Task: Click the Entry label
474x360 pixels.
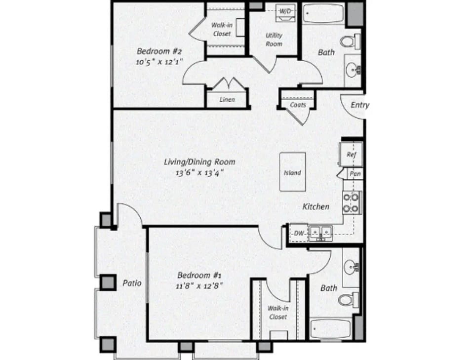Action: point(359,105)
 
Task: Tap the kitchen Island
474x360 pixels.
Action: point(292,172)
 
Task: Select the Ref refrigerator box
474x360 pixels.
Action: point(351,155)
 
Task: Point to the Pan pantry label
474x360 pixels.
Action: point(354,174)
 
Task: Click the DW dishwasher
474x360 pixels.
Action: point(298,233)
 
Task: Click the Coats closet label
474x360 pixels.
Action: point(298,105)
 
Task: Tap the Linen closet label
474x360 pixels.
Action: point(227,100)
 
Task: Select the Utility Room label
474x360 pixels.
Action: point(274,40)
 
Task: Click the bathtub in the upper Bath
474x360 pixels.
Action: point(323,13)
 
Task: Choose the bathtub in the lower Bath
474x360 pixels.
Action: point(331,328)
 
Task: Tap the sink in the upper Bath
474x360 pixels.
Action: point(354,70)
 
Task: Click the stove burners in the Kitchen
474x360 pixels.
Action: point(351,202)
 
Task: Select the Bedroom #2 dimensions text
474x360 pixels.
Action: point(160,62)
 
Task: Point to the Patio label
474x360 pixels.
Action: point(132,283)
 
